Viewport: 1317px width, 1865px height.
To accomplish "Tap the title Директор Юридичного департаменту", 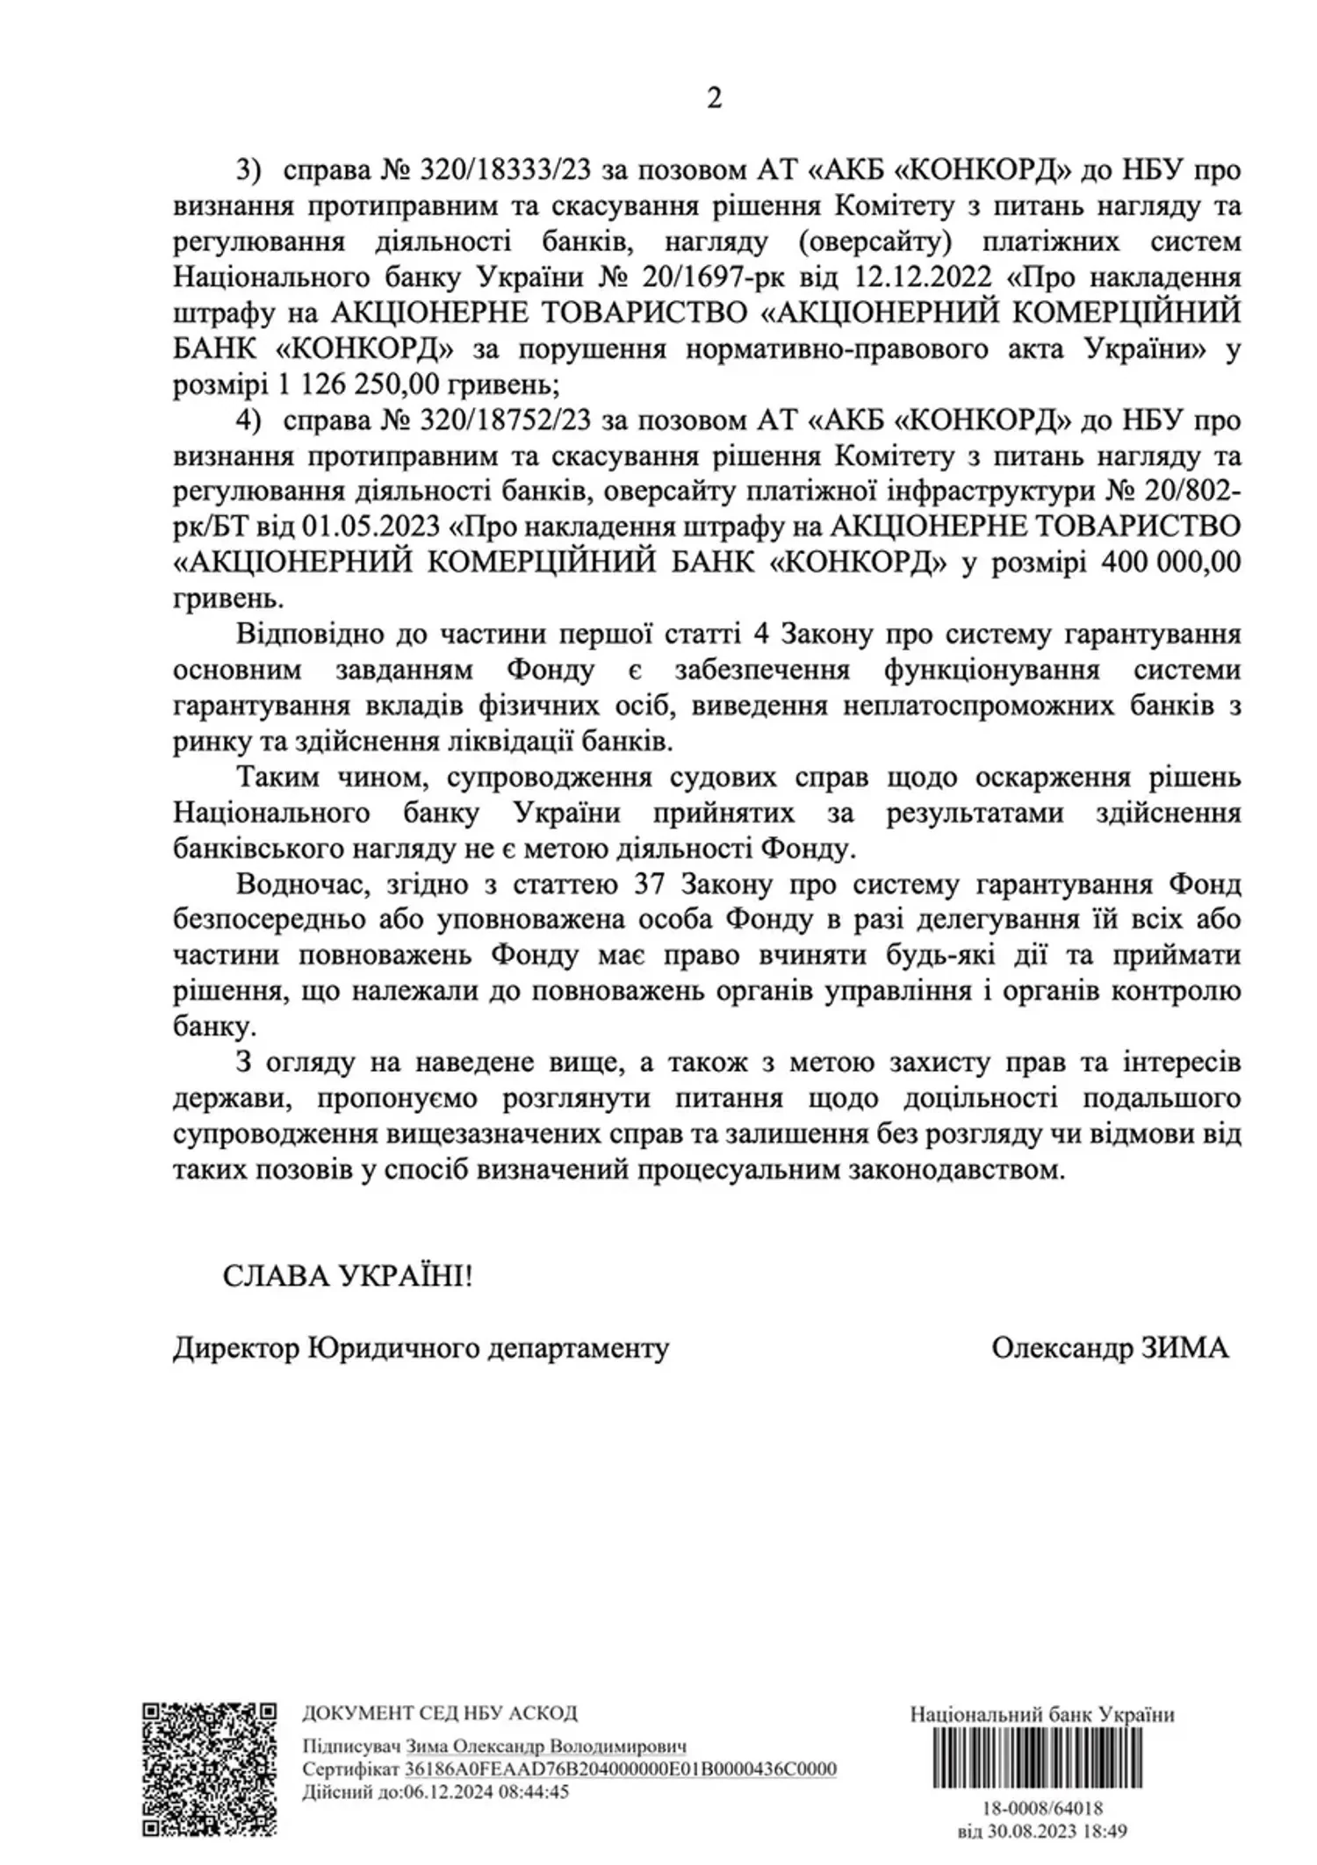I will click(421, 1348).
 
